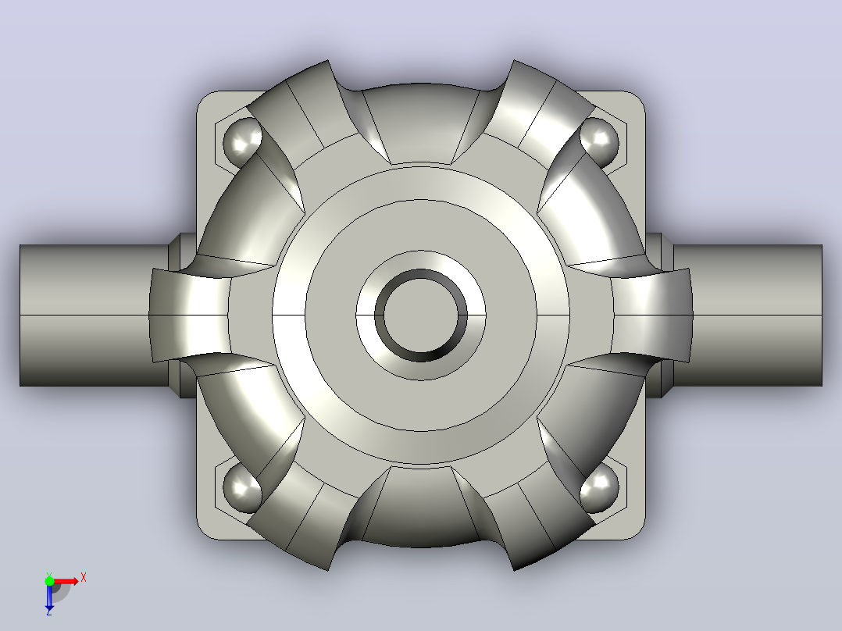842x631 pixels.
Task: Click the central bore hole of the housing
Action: tap(421, 315)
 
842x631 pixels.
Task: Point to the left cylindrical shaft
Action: tap(94, 315)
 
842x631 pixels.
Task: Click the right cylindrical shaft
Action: tap(747, 315)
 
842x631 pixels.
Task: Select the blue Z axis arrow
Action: tap(49, 597)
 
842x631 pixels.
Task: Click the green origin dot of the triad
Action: tap(49, 581)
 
